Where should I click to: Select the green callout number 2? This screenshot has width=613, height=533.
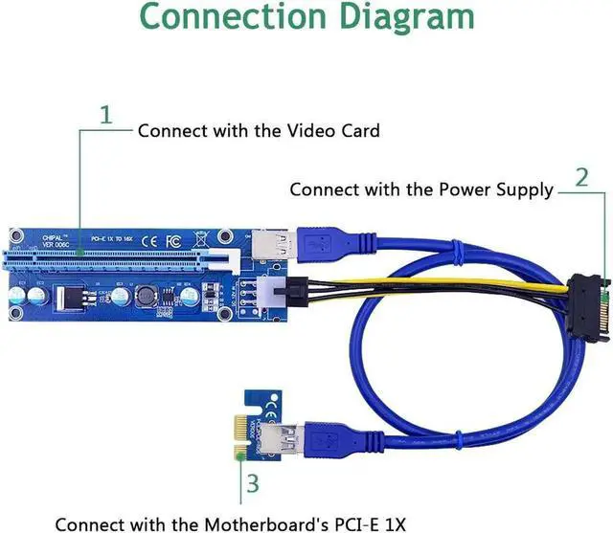581,177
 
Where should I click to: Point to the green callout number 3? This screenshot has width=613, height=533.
252,483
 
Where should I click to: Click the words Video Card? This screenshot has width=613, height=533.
330,130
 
